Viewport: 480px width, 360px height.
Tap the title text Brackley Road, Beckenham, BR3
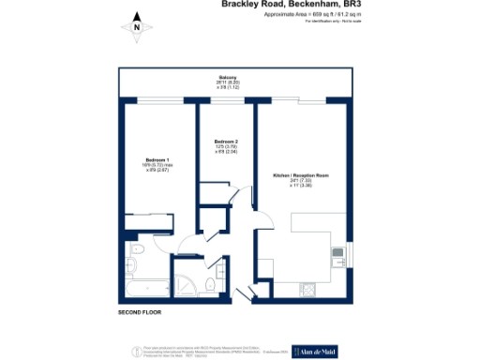click(290, 5)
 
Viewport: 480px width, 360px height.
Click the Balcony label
click(228, 77)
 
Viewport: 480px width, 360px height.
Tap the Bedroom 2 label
click(226, 142)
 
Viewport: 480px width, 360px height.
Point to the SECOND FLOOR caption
click(142, 310)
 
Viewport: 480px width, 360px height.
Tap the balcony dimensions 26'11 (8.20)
click(228, 82)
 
